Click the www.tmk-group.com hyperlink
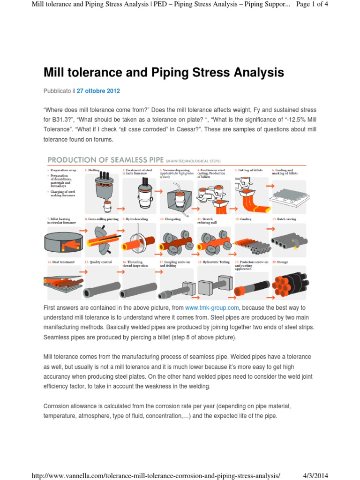(212, 307)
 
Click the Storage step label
(284, 262)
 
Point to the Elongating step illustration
(177, 239)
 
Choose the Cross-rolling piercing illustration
(100, 239)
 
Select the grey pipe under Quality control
(99, 287)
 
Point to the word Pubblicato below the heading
(57, 90)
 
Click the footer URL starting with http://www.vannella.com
(156, 475)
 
